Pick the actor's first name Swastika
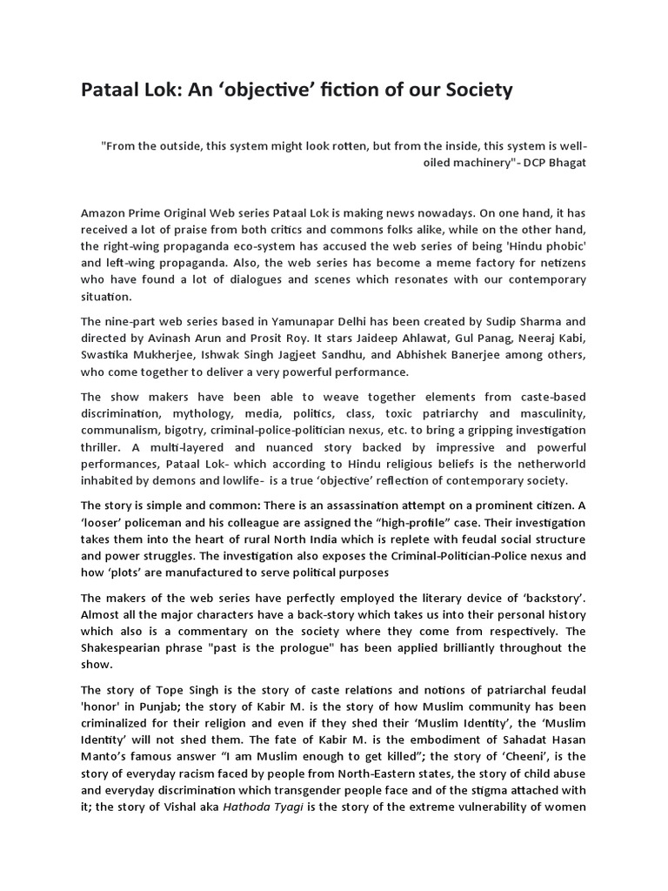click(107, 355)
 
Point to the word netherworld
click(551, 464)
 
